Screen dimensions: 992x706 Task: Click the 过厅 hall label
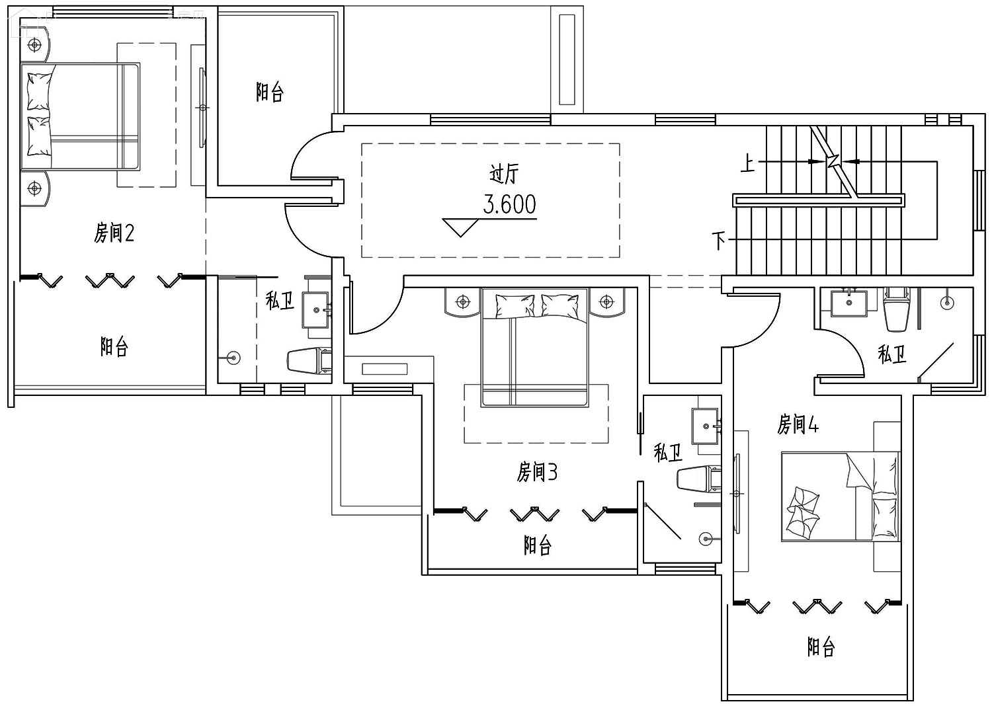click(503, 174)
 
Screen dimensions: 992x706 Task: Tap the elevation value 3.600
click(509, 204)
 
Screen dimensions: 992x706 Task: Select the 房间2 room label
click(114, 233)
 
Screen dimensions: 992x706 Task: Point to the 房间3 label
click(537, 472)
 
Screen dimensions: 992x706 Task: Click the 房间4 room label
click(798, 424)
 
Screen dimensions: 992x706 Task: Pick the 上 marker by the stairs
click(748, 163)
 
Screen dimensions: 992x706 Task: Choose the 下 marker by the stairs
click(719, 241)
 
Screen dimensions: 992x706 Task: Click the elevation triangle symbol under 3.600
click(460, 227)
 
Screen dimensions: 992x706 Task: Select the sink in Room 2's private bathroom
click(315, 310)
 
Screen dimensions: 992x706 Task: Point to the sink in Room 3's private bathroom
click(705, 426)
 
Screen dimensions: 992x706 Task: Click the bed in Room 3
click(534, 348)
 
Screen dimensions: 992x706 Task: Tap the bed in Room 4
click(841, 496)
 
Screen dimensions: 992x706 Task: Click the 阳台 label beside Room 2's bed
click(270, 92)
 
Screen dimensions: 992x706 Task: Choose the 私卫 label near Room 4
click(891, 354)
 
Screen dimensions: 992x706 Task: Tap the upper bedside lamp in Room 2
click(34, 44)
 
